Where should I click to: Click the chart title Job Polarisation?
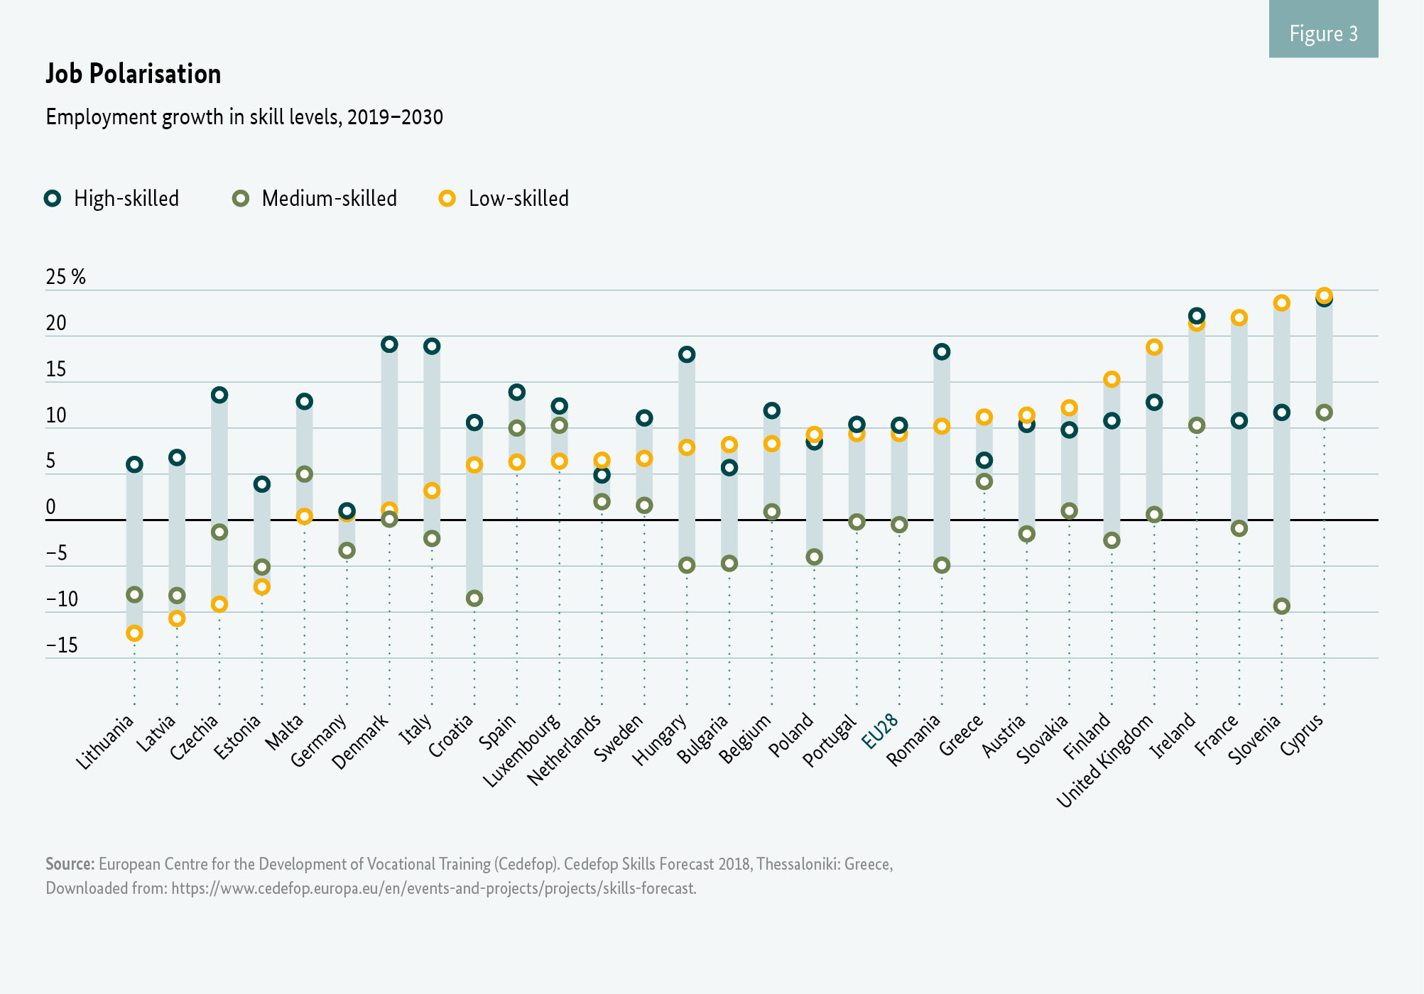134,74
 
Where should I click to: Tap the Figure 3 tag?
1323,33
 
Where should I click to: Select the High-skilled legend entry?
112,199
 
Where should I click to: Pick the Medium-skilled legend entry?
315,199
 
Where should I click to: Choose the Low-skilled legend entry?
504,199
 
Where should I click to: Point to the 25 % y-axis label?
65,277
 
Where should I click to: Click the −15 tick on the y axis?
62,645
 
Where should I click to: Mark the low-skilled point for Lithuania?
134,633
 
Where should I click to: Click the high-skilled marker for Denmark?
389,344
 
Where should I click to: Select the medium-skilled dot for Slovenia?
1281,606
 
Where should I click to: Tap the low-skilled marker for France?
1239,317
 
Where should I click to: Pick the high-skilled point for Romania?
942,351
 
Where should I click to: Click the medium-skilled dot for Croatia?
474,599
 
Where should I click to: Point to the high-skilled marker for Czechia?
219,395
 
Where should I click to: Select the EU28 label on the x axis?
881,731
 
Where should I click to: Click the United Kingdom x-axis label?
1105,761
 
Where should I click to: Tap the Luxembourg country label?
522,751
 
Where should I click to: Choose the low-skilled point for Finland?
1112,379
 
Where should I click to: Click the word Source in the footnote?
70,864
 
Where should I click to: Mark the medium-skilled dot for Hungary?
687,565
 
